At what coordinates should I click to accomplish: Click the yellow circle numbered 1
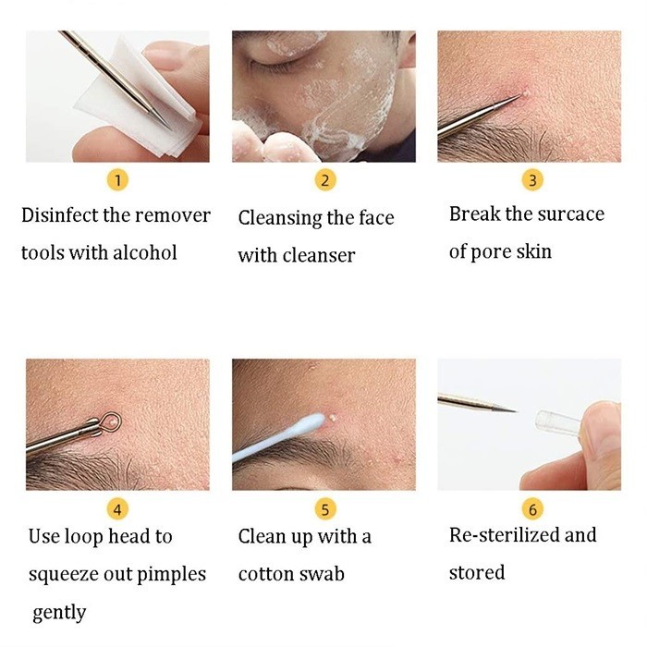pyautogui.click(x=117, y=180)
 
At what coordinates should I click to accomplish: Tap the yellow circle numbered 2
pyautogui.click(x=324, y=180)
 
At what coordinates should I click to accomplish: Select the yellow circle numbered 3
pyautogui.click(x=532, y=180)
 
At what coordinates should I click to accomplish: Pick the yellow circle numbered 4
pyautogui.click(x=117, y=509)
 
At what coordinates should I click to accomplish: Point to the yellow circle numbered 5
pyautogui.click(x=324, y=509)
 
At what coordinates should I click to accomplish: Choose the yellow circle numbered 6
pyautogui.click(x=532, y=509)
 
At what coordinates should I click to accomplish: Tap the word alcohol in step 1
pyautogui.click(x=145, y=252)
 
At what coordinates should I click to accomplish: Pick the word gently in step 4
pyautogui.click(x=59, y=614)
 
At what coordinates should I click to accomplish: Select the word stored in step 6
pyautogui.click(x=477, y=573)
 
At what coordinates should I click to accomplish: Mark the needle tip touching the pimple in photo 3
pyautogui.click(x=519, y=95)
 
